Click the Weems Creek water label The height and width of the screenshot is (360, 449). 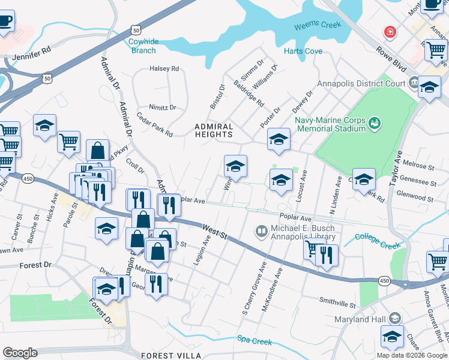[x=317, y=26]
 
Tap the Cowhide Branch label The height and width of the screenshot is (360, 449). [x=143, y=46]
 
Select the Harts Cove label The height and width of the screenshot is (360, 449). [x=303, y=51]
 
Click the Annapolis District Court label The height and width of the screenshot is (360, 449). [x=362, y=83]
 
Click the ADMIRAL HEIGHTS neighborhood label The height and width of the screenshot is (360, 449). [x=213, y=130]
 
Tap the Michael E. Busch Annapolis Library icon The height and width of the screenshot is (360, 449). [x=261, y=230]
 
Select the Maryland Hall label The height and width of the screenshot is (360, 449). [x=361, y=318]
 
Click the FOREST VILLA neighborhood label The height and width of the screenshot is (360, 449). [x=166, y=356]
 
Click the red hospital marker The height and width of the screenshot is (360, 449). [x=391, y=31]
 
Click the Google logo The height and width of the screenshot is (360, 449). [x=20, y=353]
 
